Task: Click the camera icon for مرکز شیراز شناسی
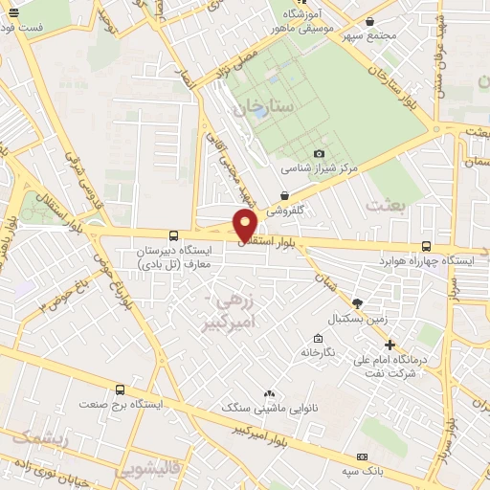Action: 319,154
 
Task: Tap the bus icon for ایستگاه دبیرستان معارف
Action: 173,235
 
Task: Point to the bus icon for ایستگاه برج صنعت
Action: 120,390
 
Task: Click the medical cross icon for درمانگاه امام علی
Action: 390,345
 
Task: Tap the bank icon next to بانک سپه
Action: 361,457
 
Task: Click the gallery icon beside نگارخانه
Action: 318,338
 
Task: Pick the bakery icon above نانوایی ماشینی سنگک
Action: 269,393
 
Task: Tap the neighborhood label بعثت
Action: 387,204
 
